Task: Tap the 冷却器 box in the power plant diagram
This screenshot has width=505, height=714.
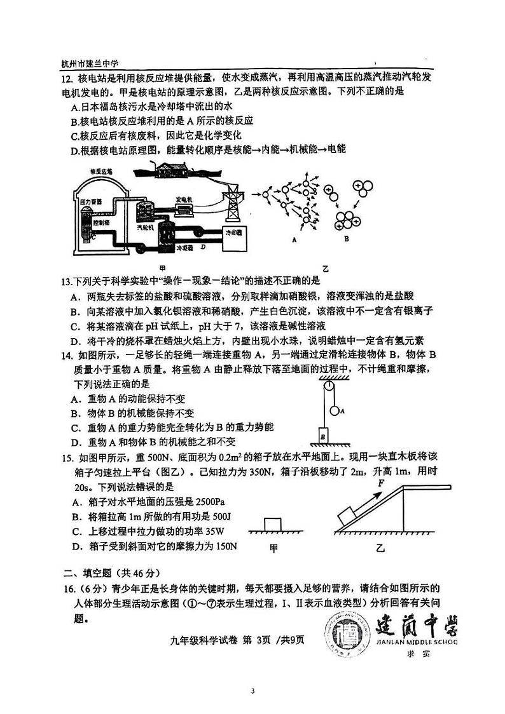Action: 233,233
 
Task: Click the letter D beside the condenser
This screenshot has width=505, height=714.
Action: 202,246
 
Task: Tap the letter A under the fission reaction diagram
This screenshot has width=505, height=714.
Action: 294,240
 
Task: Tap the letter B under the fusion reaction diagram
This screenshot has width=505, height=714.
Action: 346,239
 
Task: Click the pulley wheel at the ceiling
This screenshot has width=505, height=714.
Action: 328,386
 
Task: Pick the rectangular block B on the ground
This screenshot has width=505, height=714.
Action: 324,436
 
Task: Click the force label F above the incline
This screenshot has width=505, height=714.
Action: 380,483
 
